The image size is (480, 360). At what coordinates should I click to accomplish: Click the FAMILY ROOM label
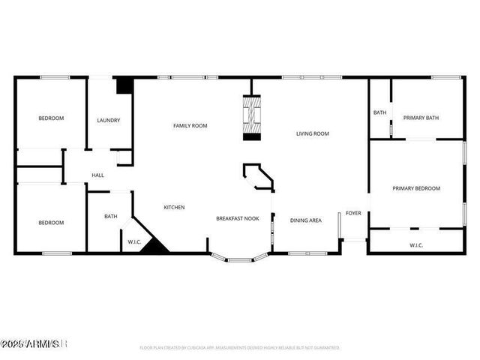pos(190,126)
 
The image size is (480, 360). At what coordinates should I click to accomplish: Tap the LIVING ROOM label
pos(312,133)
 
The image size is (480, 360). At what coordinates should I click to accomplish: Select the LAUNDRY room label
pos(109,120)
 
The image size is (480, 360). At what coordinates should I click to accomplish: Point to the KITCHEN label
pos(174,207)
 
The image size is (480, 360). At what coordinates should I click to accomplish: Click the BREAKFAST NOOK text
pos(238,218)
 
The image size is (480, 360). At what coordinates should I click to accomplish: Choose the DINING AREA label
pos(306,220)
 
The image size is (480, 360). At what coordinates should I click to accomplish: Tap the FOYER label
pos(353,213)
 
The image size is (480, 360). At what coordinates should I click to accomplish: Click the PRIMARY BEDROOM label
pos(416,188)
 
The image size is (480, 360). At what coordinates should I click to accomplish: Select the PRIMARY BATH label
pos(421,118)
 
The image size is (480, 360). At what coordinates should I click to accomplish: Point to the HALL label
pos(97,175)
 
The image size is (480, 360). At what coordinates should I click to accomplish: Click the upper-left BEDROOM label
pos(51,118)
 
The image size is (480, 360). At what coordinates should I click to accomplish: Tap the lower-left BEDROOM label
pos(51,222)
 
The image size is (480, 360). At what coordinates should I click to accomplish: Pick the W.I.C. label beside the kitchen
pos(135,241)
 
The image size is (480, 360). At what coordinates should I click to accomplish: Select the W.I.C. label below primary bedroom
pos(417,244)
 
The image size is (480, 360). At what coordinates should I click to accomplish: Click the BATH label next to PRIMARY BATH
pos(379,112)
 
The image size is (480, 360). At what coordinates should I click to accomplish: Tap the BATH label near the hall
pos(110,217)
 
